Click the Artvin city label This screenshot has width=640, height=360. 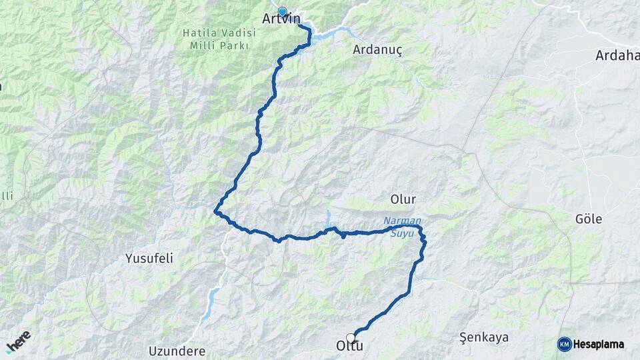click(x=281, y=19)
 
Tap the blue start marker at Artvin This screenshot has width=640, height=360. click(x=282, y=11)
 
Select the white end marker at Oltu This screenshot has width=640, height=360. click(x=351, y=338)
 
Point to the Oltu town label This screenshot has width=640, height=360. click(x=348, y=347)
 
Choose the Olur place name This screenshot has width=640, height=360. click(x=403, y=199)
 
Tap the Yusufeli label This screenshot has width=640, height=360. click(x=149, y=258)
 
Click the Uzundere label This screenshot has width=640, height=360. click(x=177, y=351)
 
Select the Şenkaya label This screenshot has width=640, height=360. click(x=483, y=337)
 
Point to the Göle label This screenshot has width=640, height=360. click(x=589, y=219)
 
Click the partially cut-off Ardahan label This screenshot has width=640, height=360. click(x=617, y=56)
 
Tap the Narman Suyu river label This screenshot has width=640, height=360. click(x=402, y=227)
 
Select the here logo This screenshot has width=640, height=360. click(x=18, y=341)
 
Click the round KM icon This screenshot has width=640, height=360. click(x=564, y=344)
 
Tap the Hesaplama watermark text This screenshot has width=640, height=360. click(x=599, y=345)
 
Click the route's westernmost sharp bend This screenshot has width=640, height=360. click(x=215, y=212)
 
